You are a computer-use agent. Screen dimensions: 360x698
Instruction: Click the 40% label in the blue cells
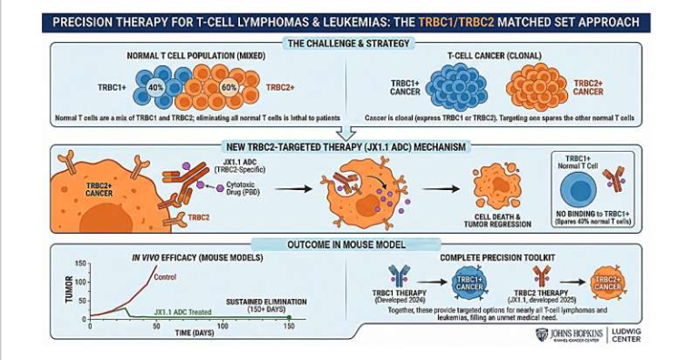155,87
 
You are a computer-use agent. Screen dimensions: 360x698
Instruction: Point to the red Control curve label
165,277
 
